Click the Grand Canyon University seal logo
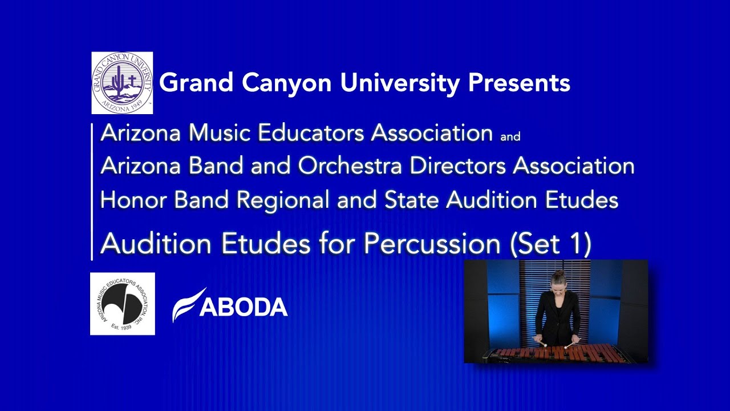(x=122, y=83)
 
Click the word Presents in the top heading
(x=519, y=83)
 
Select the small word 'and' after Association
(x=510, y=137)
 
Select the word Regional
(x=283, y=200)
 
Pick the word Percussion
(x=432, y=244)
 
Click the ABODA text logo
(x=244, y=308)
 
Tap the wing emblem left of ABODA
(x=187, y=305)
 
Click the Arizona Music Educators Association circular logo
(x=122, y=304)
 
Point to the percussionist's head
(x=557, y=279)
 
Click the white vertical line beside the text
(x=92, y=191)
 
